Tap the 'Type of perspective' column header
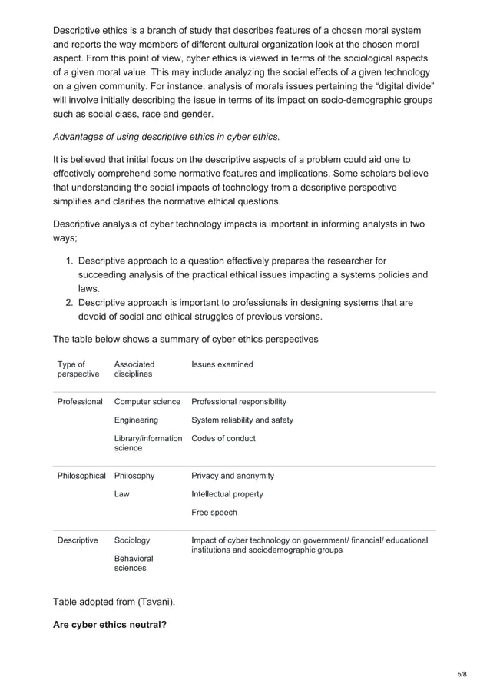pyautogui.click(x=78, y=369)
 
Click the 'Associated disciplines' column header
pyautogui.click(x=134, y=369)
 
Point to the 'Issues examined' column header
pyautogui.click(x=222, y=364)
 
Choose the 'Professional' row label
pyautogui.click(x=80, y=402)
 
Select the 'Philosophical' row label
pyautogui.click(x=81, y=476)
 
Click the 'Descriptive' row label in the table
pyautogui.click(x=78, y=540)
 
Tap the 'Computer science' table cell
pyautogui.click(x=147, y=402)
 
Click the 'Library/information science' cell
pyautogui.click(x=147, y=443)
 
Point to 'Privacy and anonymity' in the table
pyautogui.click(x=232, y=476)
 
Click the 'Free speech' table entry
pyautogui.click(x=214, y=513)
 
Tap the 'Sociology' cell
pyautogui.click(x=132, y=540)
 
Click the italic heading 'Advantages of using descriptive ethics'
pyautogui.click(x=166, y=137)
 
